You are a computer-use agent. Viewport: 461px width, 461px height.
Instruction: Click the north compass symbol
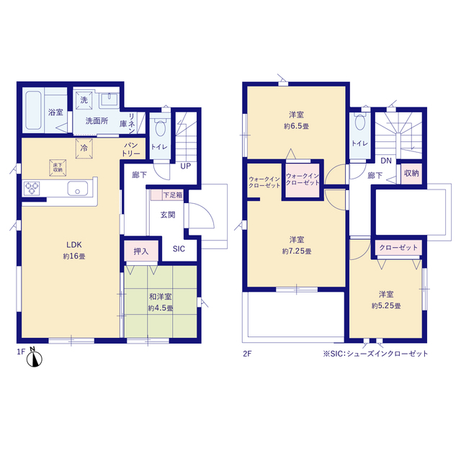(x=35, y=358)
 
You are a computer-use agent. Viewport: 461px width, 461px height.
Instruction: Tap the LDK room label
(x=73, y=245)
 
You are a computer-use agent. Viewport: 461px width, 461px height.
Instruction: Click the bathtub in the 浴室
(x=33, y=110)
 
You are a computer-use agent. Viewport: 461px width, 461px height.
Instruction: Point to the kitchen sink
(x=77, y=188)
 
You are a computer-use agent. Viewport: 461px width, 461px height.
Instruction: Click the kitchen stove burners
(x=32, y=189)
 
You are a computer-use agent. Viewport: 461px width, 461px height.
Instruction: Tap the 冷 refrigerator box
(x=84, y=148)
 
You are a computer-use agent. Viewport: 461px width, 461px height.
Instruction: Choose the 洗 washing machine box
(x=84, y=100)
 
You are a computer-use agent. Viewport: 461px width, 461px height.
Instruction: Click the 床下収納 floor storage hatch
(x=58, y=168)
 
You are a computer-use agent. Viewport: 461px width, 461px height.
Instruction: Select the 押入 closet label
(x=141, y=251)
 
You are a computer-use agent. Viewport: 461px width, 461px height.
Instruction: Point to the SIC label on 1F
(x=179, y=249)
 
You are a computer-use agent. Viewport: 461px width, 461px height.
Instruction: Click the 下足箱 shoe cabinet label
(x=173, y=195)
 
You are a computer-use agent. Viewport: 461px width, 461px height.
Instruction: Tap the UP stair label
(x=186, y=166)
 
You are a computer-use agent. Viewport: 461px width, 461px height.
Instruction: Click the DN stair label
(x=386, y=161)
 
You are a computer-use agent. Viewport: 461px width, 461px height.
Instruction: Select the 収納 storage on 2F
(x=411, y=174)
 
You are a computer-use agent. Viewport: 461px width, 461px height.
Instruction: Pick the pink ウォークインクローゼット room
(x=303, y=180)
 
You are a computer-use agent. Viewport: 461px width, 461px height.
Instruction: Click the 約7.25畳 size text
(x=297, y=251)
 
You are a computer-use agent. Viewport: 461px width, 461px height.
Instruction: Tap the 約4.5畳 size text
(x=160, y=308)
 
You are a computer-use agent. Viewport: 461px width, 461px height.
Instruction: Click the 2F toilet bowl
(x=360, y=122)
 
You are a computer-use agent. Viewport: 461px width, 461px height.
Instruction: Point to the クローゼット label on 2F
(x=398, y=248)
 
